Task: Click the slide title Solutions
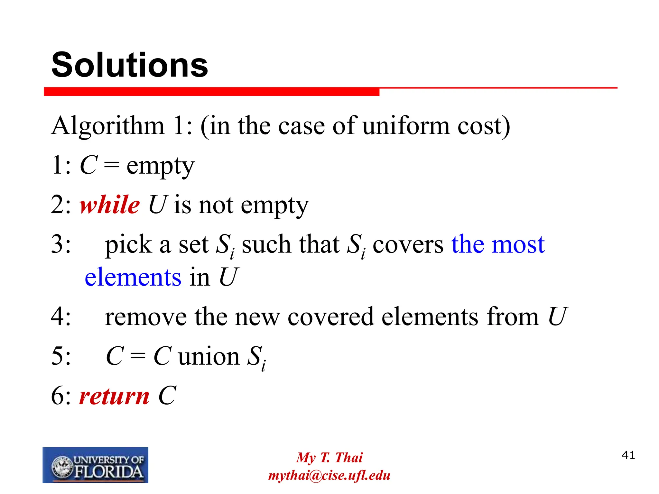coord(130,65)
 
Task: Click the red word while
coord(110,205)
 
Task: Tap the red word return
coord(114,396)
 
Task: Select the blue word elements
coord(133,277)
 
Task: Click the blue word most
coord(518,244)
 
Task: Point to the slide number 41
coord(628,455)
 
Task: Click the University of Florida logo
coord(96,465)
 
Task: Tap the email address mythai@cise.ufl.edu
coord(329,475)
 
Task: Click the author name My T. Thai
coord(329,457)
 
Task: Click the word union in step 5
coord(209,357)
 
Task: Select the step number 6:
coord(61,396)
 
